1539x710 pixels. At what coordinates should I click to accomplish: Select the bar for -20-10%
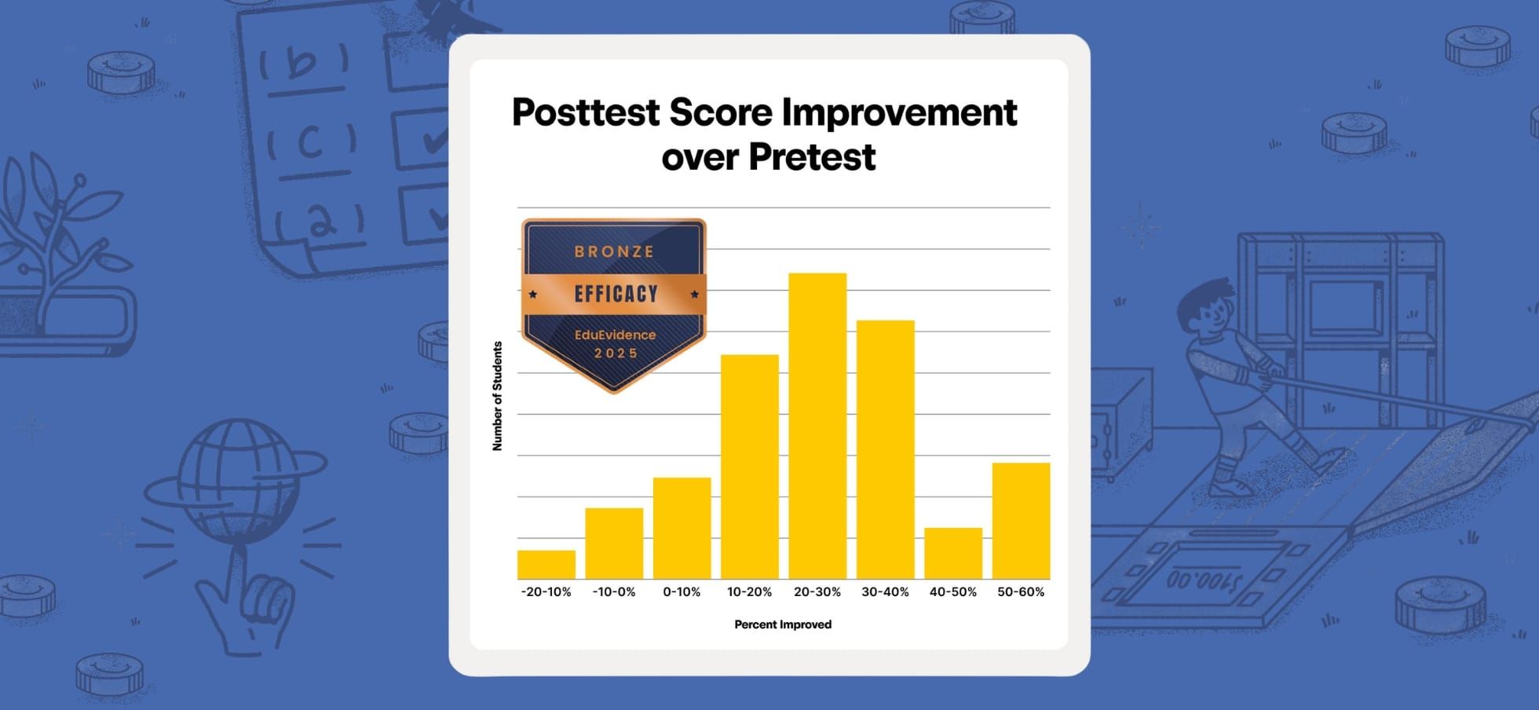point(546,565)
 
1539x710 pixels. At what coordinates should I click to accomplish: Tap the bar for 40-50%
point(952,553)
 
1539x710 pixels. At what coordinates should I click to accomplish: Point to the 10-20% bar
point(750,467)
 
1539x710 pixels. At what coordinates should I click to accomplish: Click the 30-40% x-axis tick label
point(885,592)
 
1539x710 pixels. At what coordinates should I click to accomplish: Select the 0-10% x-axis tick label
point(682,592)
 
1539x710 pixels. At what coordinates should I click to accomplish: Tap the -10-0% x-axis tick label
point(614,592)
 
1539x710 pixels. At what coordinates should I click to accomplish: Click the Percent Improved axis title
point(783,624)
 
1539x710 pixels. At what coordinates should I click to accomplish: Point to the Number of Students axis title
point(497,396)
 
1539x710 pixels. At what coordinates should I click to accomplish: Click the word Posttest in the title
point(586,112)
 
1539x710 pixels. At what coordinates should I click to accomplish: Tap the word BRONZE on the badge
point(614,251)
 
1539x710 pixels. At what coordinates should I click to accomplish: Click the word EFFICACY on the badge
point(616,294)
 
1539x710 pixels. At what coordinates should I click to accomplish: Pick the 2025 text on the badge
point(616,353)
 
